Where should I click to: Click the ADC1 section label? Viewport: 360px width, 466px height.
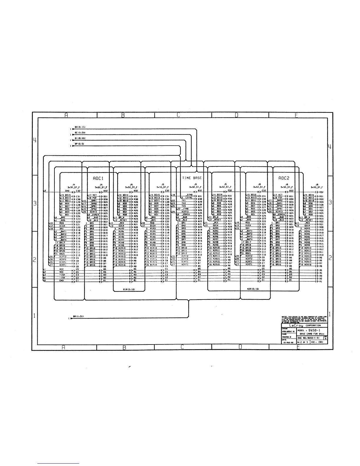pos(98,178)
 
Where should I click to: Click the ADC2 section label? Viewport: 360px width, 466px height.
pos(284,178)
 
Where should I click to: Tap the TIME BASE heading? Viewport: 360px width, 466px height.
pos(192,178)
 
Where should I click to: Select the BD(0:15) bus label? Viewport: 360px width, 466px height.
pos(80,127)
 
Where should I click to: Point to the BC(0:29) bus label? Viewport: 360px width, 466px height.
pos(80,133)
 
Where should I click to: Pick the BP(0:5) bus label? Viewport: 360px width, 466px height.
pos(80,144)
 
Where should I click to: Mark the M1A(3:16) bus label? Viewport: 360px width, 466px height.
pos(129,289)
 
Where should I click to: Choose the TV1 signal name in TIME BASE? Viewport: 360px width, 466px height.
pos(184,200)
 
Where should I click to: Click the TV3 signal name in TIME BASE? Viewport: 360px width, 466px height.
pos(184,206)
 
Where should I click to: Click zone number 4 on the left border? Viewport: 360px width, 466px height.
pos(35,140)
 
